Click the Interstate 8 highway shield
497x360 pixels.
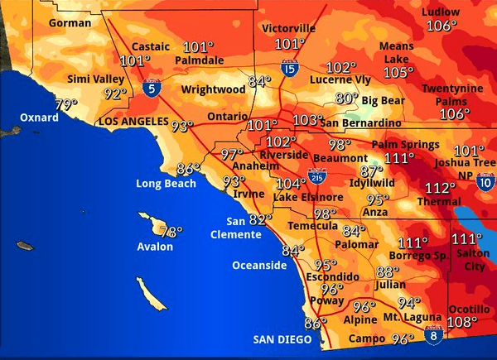point(432,334)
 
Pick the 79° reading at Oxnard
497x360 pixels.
point(65,104)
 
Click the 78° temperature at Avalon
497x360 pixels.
point(171,233)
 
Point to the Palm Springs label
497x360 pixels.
point(406,145)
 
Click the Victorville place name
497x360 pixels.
point(288,28)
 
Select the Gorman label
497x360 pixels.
point(70,23)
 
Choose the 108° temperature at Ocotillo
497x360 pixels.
point(463,322)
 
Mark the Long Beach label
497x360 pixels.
point(166,183)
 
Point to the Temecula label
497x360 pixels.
point(312,226)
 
